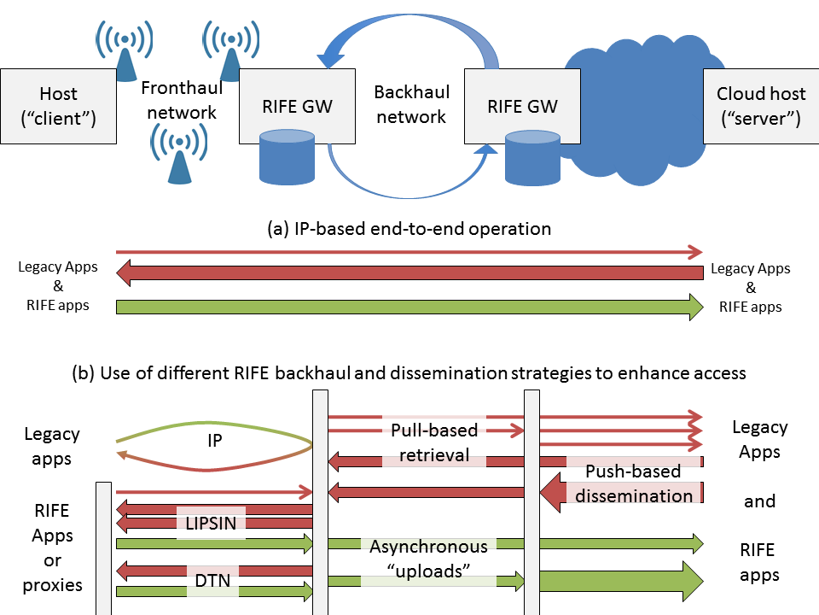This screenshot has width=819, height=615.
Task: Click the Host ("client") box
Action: click(58, 106)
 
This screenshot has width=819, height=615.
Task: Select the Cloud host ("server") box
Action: click(758, 106)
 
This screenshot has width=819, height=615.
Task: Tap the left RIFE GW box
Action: click(297, 107)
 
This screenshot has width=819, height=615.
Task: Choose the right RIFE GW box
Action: click(522, 107)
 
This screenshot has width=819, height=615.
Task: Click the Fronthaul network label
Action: click(181, 99)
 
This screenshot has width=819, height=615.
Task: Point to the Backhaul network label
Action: click(411, 102)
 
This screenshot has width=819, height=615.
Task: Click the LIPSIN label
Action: click(211, 523)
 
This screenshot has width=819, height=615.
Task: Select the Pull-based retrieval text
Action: click(434, 442)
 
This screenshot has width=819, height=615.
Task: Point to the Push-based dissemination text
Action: click(634, 483)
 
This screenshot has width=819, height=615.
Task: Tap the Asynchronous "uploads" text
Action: click(428, 559)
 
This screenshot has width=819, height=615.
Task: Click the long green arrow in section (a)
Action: click(409, 307)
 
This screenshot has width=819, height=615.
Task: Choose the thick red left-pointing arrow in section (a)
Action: click(409, 273)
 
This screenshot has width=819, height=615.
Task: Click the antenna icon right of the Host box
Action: click(125, 47)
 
